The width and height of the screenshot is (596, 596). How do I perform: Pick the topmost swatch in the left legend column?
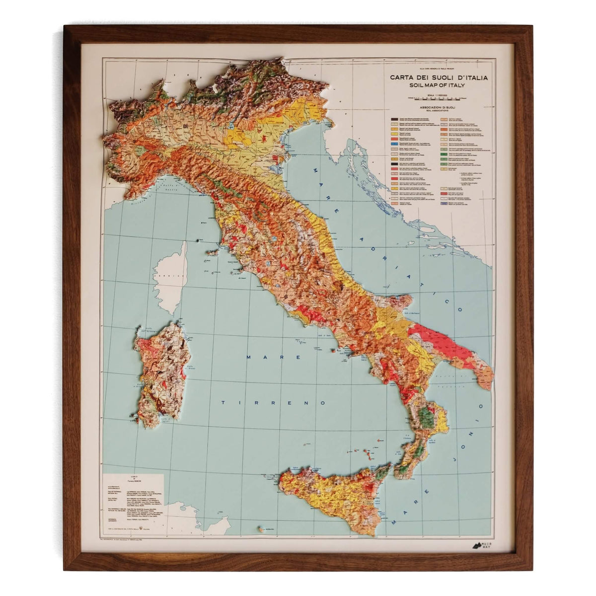point(393,120)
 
